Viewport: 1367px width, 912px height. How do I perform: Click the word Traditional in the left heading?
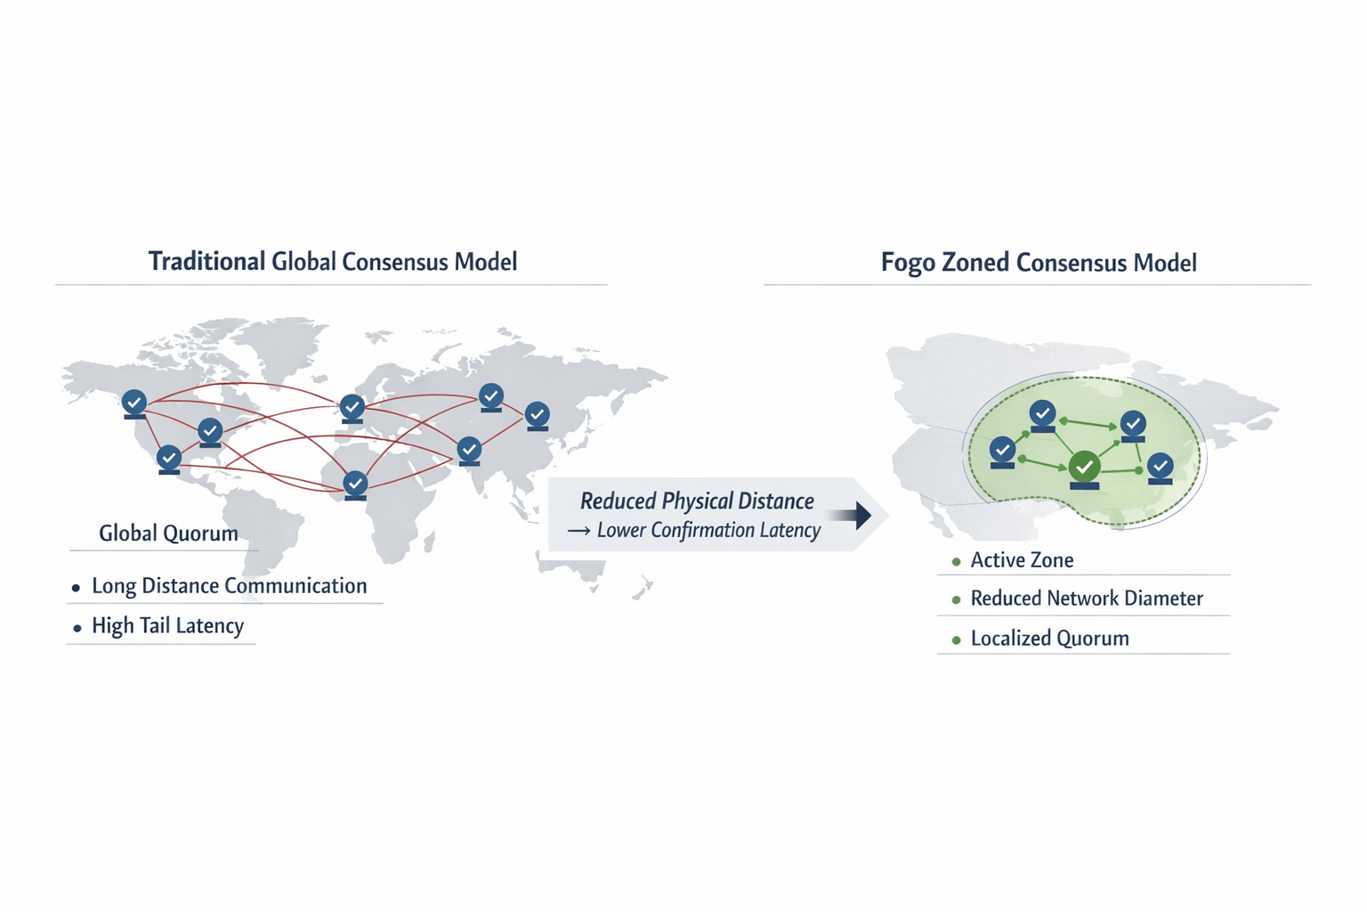[x=206, y=262]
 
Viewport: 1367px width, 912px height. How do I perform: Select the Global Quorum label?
[x=168, y=533]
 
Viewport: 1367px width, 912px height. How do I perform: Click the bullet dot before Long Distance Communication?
[x=77, y=588]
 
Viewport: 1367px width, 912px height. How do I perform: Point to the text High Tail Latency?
[x=167, y=626]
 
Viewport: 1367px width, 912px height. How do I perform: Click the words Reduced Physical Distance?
[x=697, y=501]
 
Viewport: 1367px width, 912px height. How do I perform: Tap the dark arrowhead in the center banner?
[x=861, y=514]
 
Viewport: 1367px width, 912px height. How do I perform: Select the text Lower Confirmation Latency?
[x=708, y=531]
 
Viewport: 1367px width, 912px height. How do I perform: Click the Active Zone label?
[x=1022, y=560]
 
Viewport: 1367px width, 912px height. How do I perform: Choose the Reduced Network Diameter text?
[x=1087, y=598]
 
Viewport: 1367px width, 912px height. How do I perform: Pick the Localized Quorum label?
[x=1049, y=639]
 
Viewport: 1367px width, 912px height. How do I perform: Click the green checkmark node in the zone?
[x=1084, y=466]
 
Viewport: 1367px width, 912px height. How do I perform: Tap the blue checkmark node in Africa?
[x=355, y=484]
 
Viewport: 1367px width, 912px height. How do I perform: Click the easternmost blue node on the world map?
[x=537, y=414]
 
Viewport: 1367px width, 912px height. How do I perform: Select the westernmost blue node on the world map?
[x=134, y=403]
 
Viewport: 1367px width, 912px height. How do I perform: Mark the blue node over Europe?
[x=352, y=407]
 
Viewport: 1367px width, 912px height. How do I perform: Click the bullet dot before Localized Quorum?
[x=957, y=639]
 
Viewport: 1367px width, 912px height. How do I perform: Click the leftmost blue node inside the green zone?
[x=1003, y=451]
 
